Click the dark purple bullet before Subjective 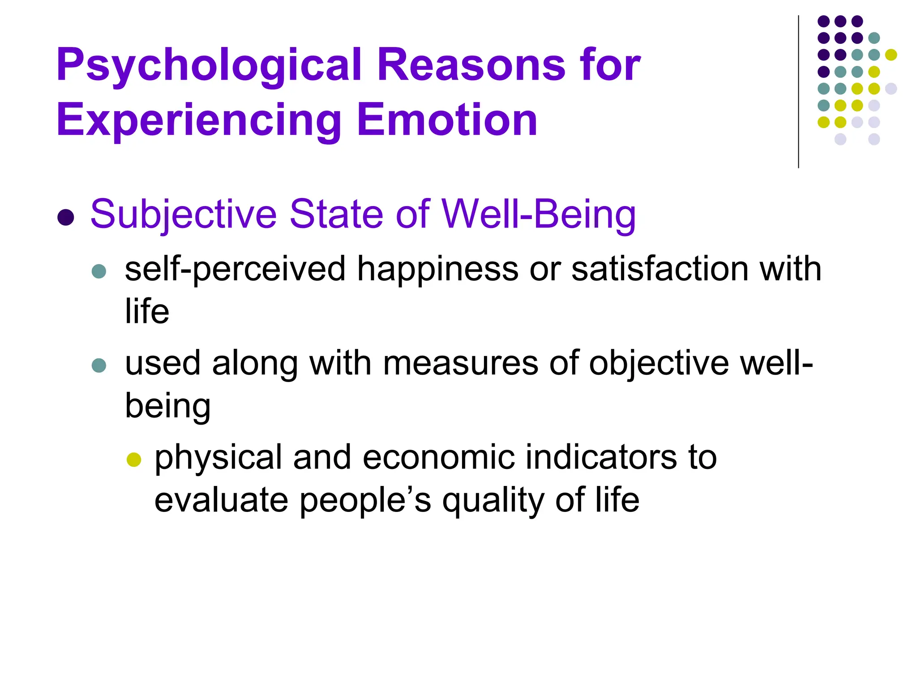click(x=66, y=217)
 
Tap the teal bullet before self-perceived click(x=99, y=271)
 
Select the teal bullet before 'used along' click(x=99, y=365)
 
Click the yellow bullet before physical click(x=134, y=460)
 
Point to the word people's click(x=365, y=501)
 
